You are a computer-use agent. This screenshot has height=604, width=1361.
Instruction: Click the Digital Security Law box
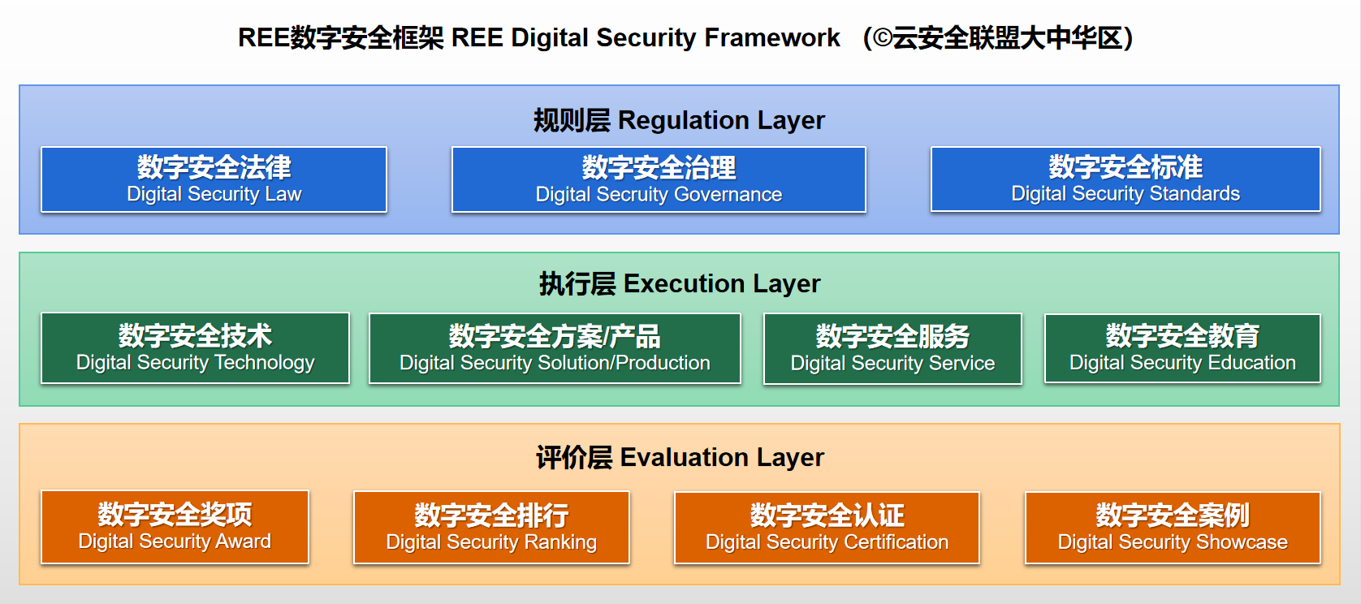click(x=214, y=179)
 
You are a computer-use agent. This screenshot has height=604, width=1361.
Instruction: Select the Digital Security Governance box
click(x=659, y=179)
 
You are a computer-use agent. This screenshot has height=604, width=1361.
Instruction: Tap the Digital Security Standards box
click(x=1126, y=179)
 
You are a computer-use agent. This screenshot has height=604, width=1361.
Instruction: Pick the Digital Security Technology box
click(x=195, y=348)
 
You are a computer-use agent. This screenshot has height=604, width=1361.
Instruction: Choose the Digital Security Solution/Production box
click(x=555, y=348)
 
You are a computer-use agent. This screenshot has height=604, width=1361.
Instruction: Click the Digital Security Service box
click(x=892, y=348)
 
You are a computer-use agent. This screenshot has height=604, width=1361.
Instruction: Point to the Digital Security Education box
click(x=1182, y=348)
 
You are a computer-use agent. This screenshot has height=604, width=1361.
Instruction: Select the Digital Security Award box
click(x=175, y=527)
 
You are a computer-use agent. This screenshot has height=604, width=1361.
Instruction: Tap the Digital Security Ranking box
click(x=491, y=528)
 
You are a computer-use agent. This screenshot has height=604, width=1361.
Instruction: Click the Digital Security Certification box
click(x=827, y=528)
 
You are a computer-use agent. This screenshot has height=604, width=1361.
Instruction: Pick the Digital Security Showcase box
click(x=1173, y=528)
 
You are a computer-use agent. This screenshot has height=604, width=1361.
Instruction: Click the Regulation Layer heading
click(x=680, y=120)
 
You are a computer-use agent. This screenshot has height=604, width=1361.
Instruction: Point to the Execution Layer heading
click(x=680, y=284)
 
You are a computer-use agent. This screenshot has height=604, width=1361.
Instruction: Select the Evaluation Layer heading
click(x=680, y=458)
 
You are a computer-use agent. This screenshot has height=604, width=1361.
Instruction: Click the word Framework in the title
click(x=772, y=37)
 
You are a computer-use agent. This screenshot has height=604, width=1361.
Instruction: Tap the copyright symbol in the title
click(x=882, y=38)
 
